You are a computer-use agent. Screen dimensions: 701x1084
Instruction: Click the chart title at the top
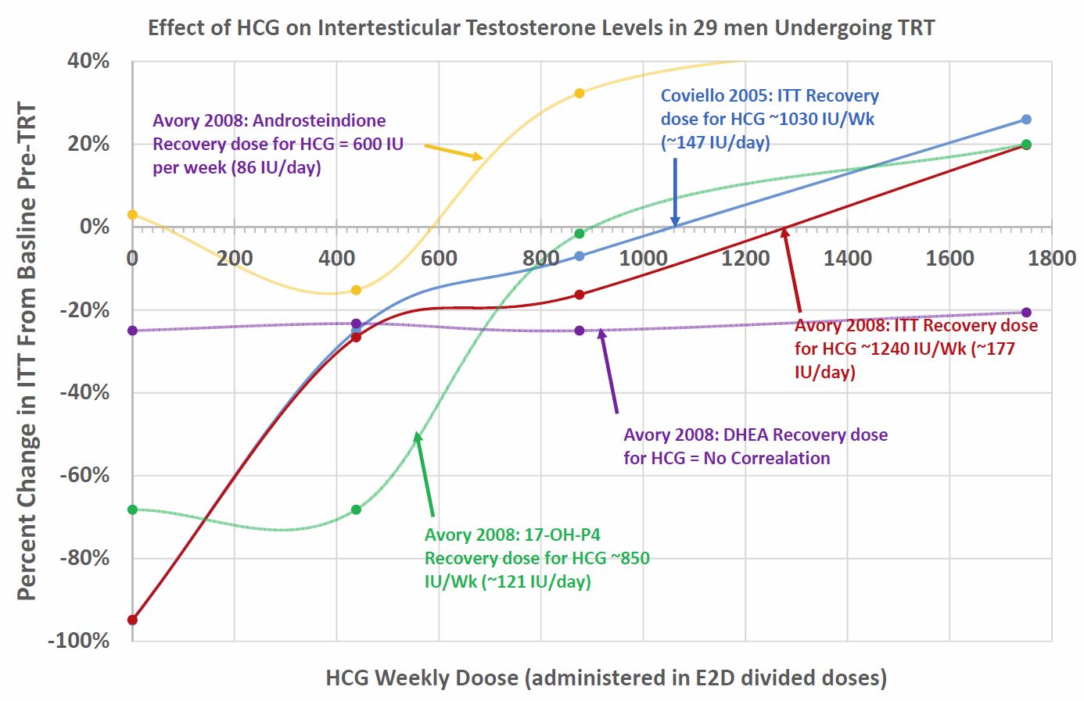[x=540, y=28]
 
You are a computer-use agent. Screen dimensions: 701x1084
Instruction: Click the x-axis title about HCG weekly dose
[x=606, y=677]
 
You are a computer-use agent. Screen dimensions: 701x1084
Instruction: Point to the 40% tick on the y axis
[x=88, y=61]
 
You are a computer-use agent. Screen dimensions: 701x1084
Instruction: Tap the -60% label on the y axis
[x=84, y=475]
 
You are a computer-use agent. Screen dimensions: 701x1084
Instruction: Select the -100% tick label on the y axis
[x=79, y=641]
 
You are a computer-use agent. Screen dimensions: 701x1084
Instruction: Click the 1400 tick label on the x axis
[x=848, y=258]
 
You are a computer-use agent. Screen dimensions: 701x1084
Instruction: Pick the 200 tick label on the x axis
[x=234, y=258]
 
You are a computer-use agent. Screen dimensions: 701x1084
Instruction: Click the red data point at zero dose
[x=132, y=620]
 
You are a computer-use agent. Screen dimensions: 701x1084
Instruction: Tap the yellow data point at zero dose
[x=132, y=214]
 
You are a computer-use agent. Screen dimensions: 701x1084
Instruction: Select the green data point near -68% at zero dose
[x=132, y=510]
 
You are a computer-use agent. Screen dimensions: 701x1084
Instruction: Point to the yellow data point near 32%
[x=580, y=93]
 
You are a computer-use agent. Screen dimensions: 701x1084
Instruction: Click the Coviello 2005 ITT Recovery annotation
[x=770, y=119]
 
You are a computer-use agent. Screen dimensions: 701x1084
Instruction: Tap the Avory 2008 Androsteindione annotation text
[x=278, y=144]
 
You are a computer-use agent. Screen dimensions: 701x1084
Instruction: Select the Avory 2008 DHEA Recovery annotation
[x=755, y=446]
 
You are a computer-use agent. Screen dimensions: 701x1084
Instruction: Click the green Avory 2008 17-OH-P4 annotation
[x=537, y=558]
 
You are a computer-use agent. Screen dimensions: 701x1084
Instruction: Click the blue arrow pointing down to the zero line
[x=675, y=191]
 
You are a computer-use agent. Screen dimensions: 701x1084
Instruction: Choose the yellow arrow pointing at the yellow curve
[x=454, y=151]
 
